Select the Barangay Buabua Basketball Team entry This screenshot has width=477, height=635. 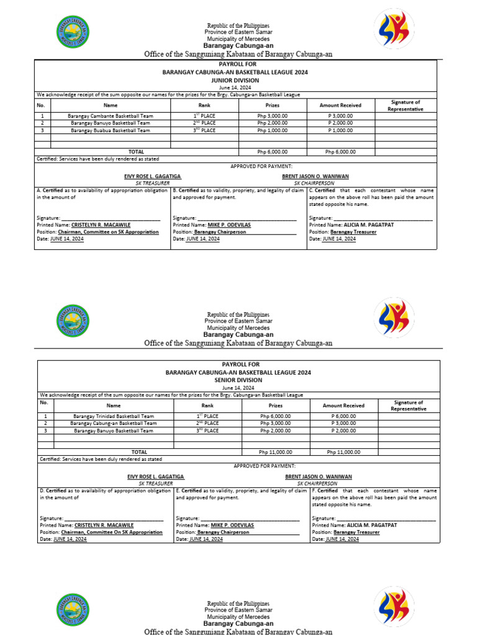[110, 130]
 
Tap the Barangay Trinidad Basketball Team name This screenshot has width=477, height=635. [113, 416]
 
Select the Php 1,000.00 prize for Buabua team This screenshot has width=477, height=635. [273, 130]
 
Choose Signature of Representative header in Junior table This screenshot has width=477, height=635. [405, 105]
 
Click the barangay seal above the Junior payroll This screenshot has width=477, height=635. [72, 32]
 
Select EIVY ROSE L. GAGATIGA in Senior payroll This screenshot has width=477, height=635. [155, 476]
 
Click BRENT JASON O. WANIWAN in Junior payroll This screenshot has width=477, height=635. [315, 177]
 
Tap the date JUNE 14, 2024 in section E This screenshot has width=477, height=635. [204, 539]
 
